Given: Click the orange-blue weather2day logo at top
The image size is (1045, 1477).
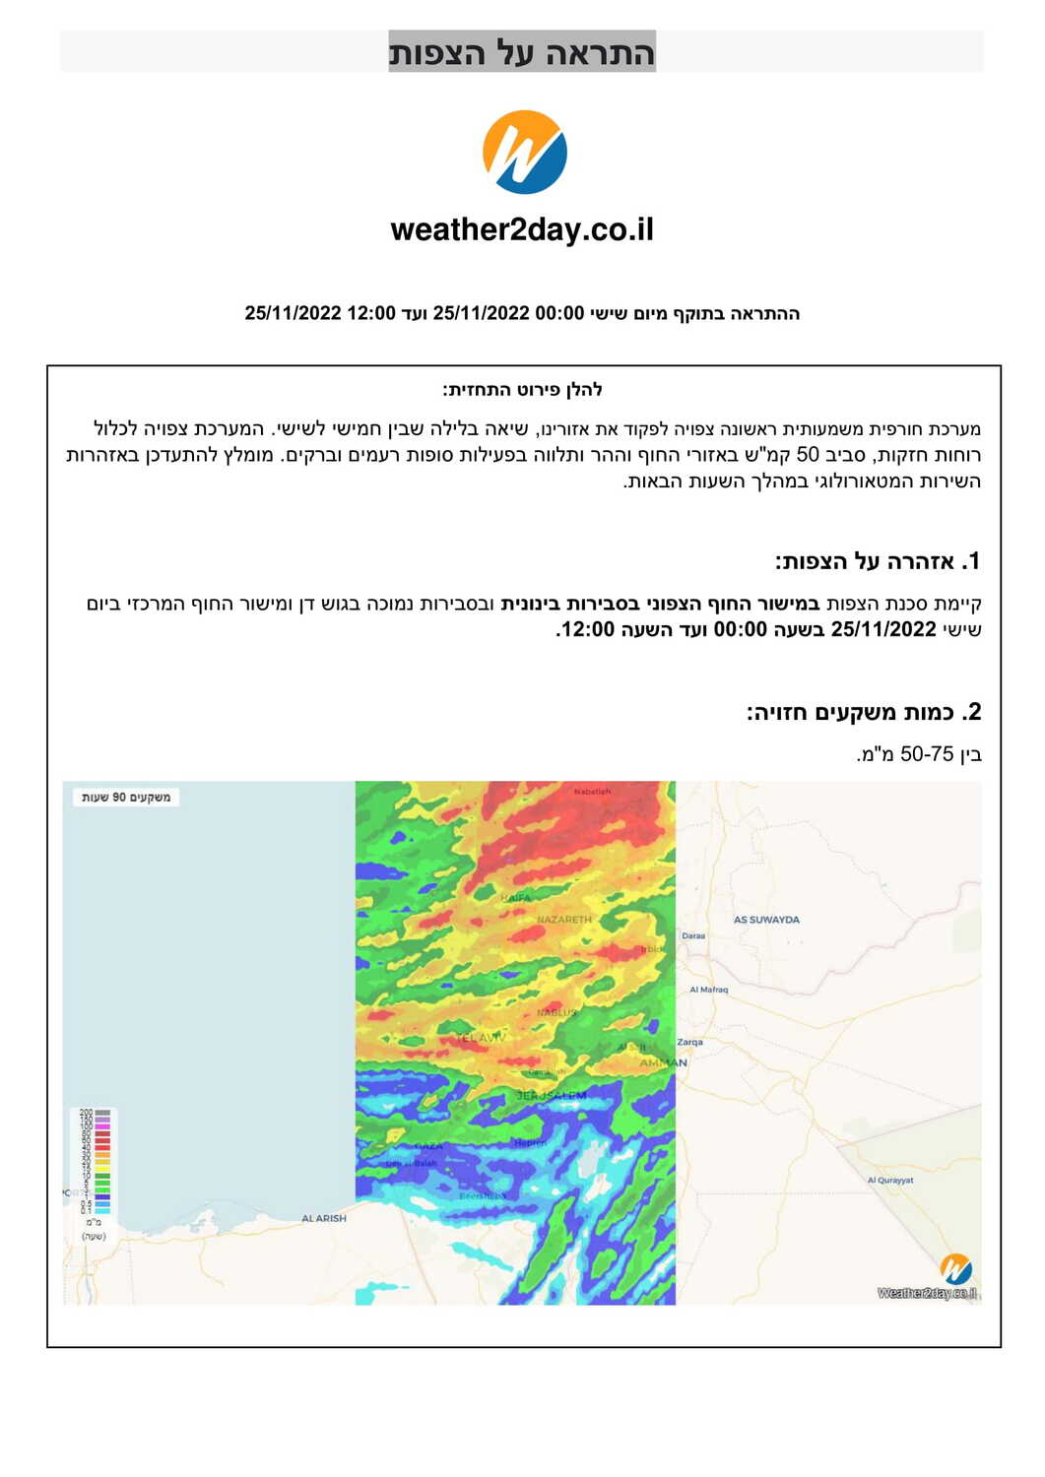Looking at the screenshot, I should (x=524, y=152).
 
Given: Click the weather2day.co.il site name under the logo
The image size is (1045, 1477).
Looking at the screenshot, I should (x=522, y=229).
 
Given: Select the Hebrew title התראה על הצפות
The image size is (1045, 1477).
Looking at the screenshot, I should (x=522, y=52).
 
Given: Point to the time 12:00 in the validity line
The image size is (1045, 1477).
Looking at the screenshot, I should (x=371, y=313).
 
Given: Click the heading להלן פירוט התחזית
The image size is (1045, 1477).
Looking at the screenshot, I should (x=522, y=390).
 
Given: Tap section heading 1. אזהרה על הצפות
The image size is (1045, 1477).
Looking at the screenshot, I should (x=878, y=562).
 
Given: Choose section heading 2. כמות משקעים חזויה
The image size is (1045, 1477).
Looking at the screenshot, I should (x=863, y=712).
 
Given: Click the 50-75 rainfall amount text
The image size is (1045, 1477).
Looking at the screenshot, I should (x=926, y=754).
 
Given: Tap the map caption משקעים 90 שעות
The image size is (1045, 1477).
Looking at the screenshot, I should (x=126, y=797).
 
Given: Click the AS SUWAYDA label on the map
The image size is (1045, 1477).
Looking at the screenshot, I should (x=766, y=920).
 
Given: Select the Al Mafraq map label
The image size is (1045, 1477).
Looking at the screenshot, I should (x=708, y=990).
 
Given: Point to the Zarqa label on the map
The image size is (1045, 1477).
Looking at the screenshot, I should (x=689, y=1042).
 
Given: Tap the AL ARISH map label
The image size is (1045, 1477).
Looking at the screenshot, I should (x=324, y=1218).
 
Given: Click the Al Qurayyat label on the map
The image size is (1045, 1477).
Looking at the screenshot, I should (x=889, y=1180).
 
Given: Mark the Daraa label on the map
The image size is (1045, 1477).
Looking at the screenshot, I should (x=693, y=935).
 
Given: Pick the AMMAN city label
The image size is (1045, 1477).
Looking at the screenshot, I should (x=663, y=1062).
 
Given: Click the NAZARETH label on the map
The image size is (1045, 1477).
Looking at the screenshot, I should (x=564, y=920).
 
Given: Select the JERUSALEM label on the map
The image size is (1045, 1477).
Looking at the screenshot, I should (x=552, y=1095).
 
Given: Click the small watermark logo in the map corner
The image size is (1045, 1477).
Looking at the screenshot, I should (x=954, y=1268).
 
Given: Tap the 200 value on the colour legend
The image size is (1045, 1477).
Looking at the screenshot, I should (x=86, y=1113).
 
